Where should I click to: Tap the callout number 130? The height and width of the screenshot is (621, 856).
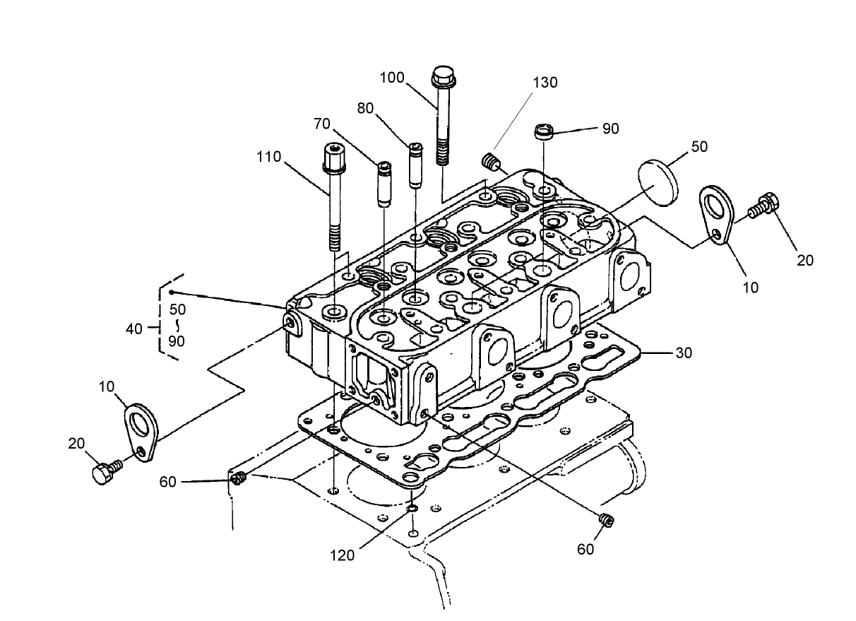click(x=545, y=82)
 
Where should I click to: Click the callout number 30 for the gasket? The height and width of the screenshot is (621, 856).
click(x=684, y=353)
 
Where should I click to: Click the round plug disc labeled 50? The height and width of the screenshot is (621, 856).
click(x=659, y=181)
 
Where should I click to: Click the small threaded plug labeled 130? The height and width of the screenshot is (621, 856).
click(x=490, y=163)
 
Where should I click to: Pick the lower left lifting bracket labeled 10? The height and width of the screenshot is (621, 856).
click(x=141, y=432)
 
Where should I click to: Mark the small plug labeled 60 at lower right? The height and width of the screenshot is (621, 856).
click(x=605, y=520)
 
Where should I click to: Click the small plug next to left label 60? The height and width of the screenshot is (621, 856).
click(x=238, y=480)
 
